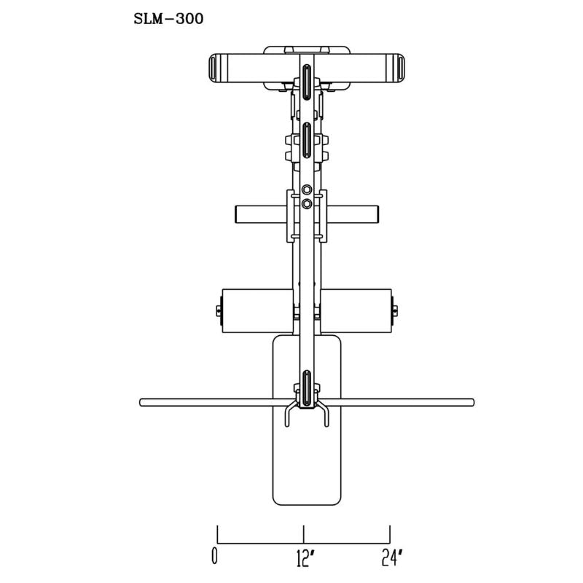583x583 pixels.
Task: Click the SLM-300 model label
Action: pos(168,19)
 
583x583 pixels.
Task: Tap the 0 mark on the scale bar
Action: pos(214,556)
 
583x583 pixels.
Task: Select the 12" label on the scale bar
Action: pos(305,558)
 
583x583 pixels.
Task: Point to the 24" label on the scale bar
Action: pos(392,557)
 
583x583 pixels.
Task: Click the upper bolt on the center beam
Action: pos(307,189)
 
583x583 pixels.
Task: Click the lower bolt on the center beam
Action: pos(307,203)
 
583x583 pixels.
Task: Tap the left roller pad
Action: pos(257,311)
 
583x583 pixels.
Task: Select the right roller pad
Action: pos(356,311)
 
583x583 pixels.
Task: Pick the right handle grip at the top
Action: pos(400,68)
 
